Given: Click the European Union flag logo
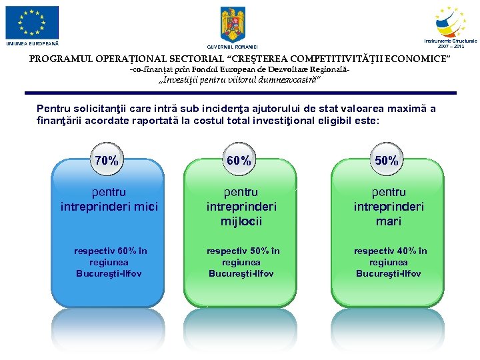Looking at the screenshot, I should (x=32, y=23).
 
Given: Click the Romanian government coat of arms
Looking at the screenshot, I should (x=233, y=25).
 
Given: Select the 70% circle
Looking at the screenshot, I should (x=107, y=161).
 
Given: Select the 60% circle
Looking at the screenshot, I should (x=239, y=161).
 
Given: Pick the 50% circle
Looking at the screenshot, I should (x=387, y=161).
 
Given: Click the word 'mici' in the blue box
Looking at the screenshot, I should (x=145, y=207).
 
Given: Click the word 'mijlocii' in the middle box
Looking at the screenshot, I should (x=241, y=221).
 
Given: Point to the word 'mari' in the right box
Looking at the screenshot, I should (x=388, y=221).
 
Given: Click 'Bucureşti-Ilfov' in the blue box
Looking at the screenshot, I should (x=109, y=274).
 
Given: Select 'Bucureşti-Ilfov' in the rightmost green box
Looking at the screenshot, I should (x=388, y=274).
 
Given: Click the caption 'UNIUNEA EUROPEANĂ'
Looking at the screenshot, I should (x=32, y=44).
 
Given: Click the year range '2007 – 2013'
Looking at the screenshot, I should (x=451, y=47).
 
